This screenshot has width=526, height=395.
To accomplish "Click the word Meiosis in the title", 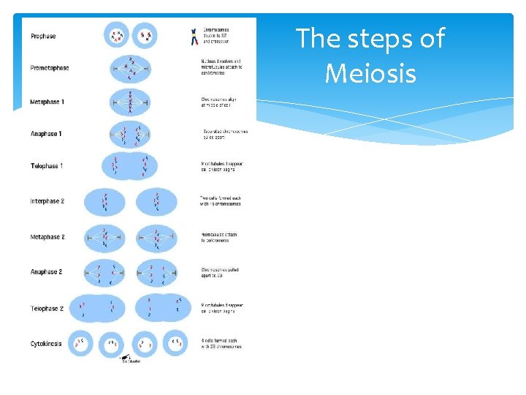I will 370,73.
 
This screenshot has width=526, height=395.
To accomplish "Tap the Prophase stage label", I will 43,37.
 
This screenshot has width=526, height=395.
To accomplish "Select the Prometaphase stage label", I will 50,68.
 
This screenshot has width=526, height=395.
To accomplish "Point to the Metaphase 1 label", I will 47,102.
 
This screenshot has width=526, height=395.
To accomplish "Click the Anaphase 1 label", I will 46,134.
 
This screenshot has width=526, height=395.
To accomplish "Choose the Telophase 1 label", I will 47,166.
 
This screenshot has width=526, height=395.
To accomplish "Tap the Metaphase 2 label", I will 47,237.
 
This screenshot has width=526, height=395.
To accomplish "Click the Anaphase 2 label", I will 46,272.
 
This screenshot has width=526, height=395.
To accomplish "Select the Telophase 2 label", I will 47,309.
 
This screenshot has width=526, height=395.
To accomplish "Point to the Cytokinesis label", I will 46,343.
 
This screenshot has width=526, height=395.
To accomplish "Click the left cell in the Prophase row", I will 116,34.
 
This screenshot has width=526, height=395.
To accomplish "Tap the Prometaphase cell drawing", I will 130,69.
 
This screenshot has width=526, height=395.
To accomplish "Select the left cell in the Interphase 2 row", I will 104,202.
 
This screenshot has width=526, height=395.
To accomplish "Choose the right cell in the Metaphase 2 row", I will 156,237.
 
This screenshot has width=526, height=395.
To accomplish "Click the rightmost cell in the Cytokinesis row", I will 175,343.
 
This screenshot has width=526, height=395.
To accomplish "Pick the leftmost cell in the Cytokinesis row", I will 80,343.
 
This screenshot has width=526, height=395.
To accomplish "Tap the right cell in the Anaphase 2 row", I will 156,272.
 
